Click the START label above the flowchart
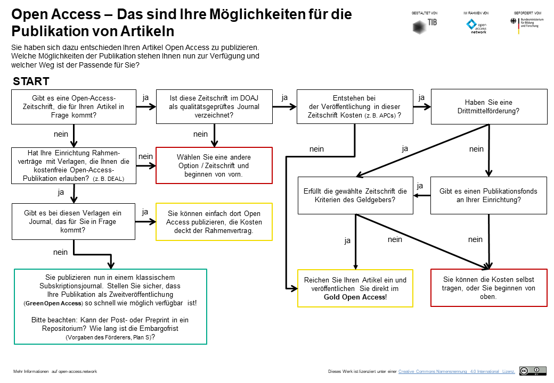point(31,81)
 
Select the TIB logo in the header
point(425,26)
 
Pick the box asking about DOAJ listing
point(214,106)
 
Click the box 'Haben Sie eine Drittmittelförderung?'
point(488,106)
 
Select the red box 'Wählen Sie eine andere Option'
point(214,165)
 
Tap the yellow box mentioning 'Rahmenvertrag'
point(214,221)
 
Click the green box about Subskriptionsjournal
point(110,306)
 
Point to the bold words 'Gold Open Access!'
point(355,297)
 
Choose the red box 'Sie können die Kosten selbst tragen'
point(488,288)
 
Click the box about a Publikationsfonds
point(488,195)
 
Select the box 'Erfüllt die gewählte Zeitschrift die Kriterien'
point(355,195)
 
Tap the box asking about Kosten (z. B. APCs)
point(355,106)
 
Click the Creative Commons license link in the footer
point(457,371)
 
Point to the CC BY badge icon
point(533,371)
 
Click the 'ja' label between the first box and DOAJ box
point(146,97)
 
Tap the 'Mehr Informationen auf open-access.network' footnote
point(55,371)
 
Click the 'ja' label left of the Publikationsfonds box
point(420,186)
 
